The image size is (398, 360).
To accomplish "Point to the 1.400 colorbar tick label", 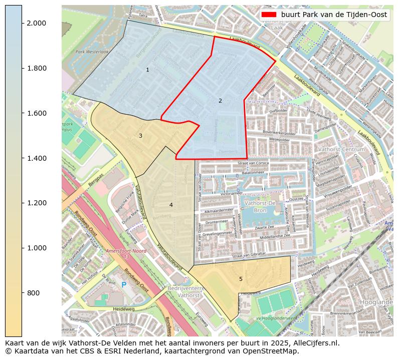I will coord(36,158).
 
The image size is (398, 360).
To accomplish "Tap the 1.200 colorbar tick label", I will coord(36,203).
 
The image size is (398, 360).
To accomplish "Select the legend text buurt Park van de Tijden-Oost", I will coord(334,15).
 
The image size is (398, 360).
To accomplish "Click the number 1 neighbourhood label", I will coord(147,70).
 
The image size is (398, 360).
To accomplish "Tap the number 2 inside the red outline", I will coord(220,101).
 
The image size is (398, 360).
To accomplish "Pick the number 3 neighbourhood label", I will coord(140,136).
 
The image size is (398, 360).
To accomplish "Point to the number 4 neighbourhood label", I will coord(171,205).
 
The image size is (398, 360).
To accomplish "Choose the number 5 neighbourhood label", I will coord(241,279).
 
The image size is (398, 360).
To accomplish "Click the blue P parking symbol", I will coord(124,285).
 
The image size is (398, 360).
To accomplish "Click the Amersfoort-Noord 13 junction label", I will coord(126,254).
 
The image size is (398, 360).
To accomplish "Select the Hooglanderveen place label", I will coord(376,302).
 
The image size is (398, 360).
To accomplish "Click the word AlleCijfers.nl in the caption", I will coord(310,343).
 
